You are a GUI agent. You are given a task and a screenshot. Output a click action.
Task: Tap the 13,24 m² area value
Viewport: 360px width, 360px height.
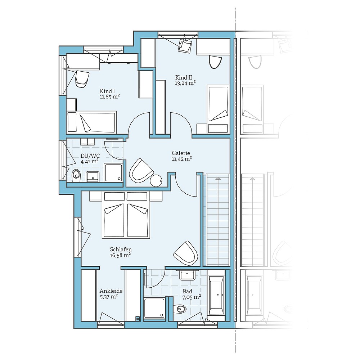(x=185, y=83)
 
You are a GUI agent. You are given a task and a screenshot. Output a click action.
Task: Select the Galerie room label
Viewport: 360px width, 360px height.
(x=181, y=153)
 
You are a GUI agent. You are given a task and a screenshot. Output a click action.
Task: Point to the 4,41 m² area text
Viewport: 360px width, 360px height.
(x=90, y=162)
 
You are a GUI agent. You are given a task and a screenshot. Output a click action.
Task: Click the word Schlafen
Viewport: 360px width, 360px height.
(x=121, y=249)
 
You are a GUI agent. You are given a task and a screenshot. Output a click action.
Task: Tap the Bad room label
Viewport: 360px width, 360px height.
(x=187, y=291)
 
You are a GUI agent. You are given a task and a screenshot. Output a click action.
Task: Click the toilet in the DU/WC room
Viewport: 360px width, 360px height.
(x=76, y=175)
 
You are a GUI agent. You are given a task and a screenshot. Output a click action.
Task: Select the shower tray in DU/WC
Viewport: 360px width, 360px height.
(x=113, y=172)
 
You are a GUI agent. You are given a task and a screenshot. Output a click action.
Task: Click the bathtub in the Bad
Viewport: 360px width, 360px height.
(x=217, y=295)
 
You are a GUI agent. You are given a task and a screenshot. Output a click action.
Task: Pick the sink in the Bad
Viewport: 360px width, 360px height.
(x=187, y=275)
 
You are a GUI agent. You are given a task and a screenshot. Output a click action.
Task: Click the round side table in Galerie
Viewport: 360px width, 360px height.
(x=157, y=181)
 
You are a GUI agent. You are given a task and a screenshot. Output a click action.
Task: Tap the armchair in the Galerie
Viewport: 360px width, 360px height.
(x=141, y=170)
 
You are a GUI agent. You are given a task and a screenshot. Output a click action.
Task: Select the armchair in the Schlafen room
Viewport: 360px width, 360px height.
(x=186, y=253)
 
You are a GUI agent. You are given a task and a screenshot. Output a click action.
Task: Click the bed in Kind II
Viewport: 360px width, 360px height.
(x=218, y=104)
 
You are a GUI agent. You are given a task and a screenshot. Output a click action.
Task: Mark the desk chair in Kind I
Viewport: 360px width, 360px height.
(x=82, y=78)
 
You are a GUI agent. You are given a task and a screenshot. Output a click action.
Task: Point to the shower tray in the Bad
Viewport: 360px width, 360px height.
(x=154, y=308)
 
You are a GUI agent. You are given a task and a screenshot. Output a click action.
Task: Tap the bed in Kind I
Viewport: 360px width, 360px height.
(x=92, y=122)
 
